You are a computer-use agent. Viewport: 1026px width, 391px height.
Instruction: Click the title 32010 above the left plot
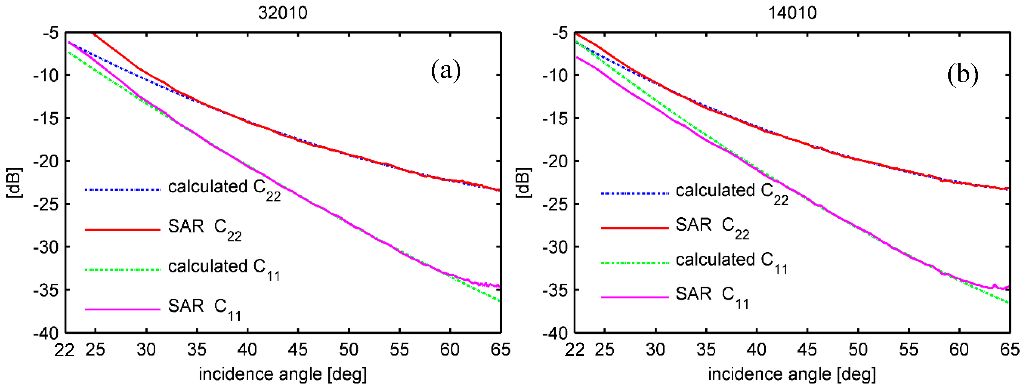coord(282,13)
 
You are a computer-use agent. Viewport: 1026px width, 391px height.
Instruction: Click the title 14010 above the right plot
coord(792,13)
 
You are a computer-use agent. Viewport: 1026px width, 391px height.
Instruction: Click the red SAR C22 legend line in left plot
coord(122,230)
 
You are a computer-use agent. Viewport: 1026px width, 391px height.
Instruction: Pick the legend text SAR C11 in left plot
coord(204,308)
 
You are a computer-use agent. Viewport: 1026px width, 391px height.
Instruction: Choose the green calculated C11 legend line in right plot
coord(634,263)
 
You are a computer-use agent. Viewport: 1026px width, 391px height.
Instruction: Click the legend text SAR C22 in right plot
coord(712,227)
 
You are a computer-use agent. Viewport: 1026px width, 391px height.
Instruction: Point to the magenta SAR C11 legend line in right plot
coord(634,297)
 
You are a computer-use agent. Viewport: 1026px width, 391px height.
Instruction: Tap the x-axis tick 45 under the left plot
coord(298,350)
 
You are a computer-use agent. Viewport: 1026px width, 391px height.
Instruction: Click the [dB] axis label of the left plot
coord(15,182)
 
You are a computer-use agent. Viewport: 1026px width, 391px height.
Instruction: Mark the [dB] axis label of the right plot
coord(523,182)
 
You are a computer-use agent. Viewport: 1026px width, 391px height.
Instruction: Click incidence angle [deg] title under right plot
coord(792,374)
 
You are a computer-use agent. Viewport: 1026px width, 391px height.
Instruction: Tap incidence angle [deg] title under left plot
coord(282,374)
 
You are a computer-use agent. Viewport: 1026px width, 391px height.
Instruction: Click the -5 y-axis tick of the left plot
coord(51,33)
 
